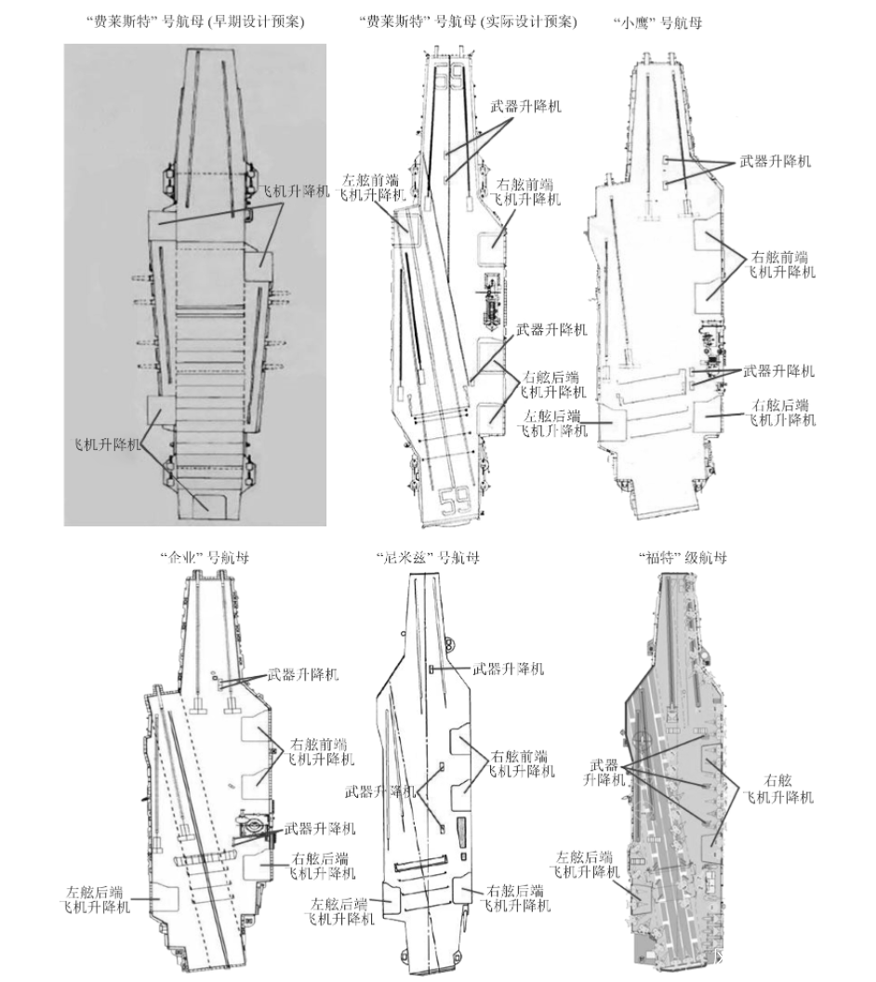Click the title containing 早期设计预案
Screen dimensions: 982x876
[209, 20]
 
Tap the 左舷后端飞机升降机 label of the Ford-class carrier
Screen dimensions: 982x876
[584, 864]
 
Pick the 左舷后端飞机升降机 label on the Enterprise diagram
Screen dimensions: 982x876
[96, 899]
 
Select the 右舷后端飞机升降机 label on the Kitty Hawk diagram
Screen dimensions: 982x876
[782, 413]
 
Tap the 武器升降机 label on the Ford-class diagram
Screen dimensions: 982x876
[605, 772]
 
